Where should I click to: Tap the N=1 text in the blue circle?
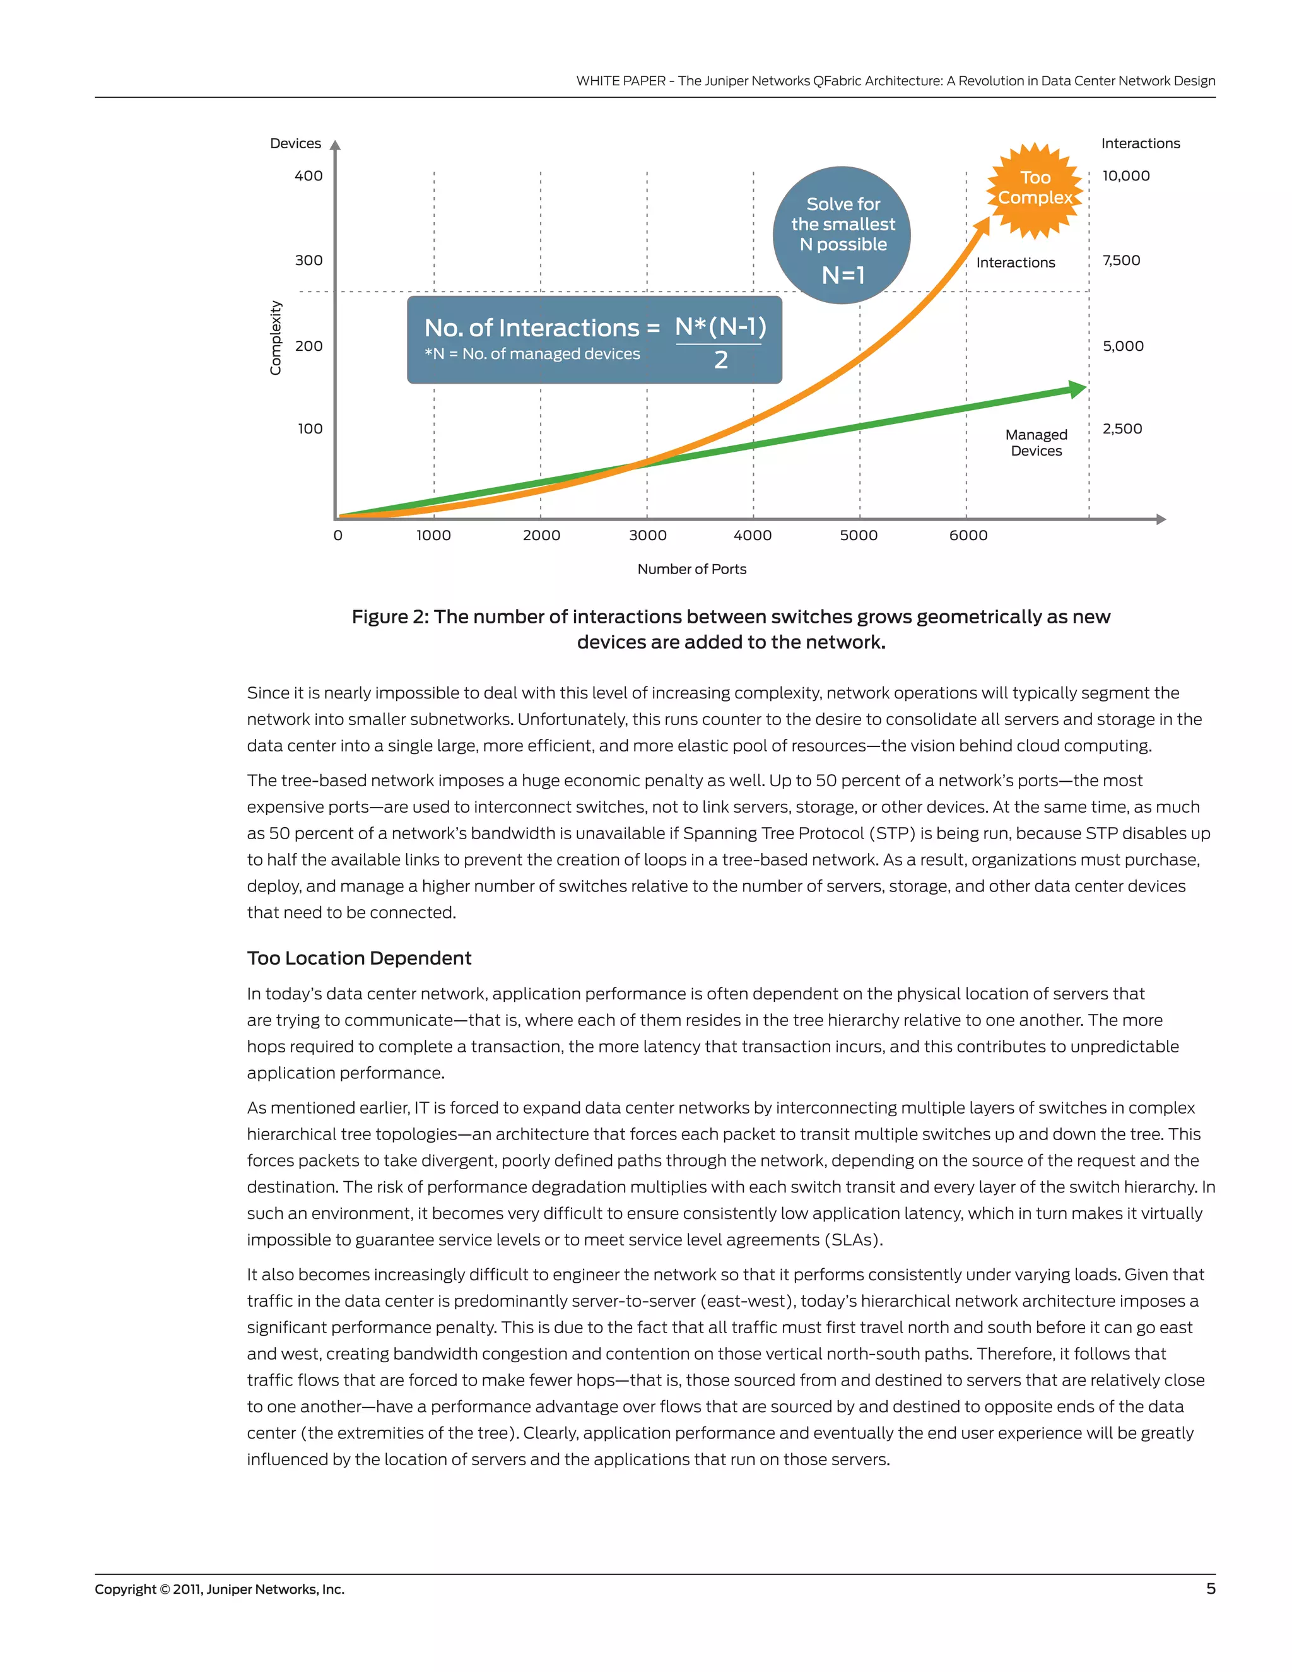(x=843, y=275)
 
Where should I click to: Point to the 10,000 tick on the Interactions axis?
(x=1125, y=176)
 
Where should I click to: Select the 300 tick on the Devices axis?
(x=308, y=261)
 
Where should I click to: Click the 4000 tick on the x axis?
(x=753, y=536)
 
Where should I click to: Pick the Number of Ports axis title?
(x=691, y=569)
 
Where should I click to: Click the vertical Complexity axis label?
(x=276, y=338)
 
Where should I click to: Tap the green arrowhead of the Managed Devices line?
(x=1078, y=389)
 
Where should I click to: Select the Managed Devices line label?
(x=1036, y=442)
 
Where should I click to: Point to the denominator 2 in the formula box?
(x=720, y=360)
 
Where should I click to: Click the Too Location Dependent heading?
(x=359, y=958)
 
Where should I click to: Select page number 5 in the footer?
(x=1210, y=1589)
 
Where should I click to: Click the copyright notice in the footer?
(x=220, y=1589)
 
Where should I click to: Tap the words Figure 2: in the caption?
(x=391, y=617)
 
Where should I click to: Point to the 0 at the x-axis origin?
(x=338, y=536)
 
